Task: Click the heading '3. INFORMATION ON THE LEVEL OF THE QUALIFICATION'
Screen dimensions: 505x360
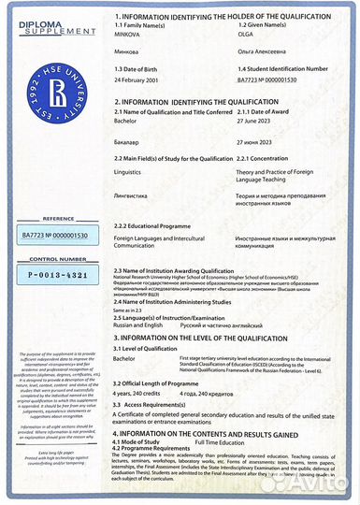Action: click(222, 335)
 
